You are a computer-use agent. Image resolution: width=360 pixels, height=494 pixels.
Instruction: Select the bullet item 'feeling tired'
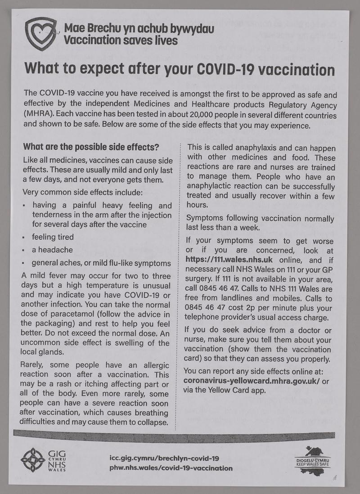(53, 237)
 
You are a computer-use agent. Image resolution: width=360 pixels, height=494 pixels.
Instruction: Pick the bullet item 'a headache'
(52, 249)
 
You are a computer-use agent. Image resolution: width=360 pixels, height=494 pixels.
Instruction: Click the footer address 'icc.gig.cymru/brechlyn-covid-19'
(164, 458)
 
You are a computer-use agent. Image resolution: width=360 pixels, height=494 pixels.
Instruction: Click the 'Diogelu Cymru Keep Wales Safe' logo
(315, 459)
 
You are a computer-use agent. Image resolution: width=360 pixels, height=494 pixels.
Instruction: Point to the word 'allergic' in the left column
(153, 364)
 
